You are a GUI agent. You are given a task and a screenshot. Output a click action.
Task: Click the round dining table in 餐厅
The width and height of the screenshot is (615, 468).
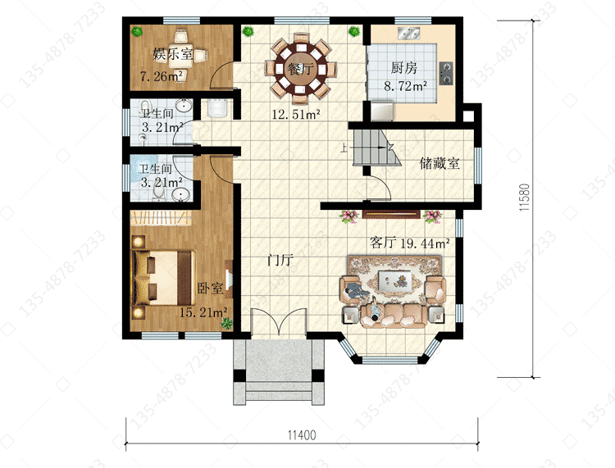coord(301,69)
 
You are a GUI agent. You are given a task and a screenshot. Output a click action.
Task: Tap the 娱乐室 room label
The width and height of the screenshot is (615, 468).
coord(172,54)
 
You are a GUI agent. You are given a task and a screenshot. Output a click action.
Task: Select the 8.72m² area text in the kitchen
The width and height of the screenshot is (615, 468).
coord(405,86)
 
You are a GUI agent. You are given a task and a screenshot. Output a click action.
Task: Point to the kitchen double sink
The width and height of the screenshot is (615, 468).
coord(409,34)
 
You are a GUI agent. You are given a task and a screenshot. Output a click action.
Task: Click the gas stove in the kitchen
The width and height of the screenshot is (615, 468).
coord(445,73)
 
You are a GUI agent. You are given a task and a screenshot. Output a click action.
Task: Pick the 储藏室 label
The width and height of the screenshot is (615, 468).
coord(440,163)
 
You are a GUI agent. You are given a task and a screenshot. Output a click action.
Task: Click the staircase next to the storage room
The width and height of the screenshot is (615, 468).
coord(377,148)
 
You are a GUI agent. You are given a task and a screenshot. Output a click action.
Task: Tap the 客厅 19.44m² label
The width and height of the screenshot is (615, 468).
coord(409,243)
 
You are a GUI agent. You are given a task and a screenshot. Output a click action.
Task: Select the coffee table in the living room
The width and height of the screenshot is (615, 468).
coord(394,280)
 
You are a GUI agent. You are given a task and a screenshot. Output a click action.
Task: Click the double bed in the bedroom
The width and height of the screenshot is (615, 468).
coord(163,278)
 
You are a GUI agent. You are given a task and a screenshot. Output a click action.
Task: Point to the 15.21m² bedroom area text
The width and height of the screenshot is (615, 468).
coord(203,312)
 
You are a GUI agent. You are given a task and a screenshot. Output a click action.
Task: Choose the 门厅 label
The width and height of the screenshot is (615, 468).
coord(280,260)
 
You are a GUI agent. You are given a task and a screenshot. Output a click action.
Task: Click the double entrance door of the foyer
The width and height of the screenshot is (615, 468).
coord(279,322)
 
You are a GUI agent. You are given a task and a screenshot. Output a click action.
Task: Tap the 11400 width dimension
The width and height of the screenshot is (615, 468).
coord(302,435)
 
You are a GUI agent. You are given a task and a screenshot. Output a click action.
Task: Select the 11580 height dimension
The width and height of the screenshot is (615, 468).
coord(525,198)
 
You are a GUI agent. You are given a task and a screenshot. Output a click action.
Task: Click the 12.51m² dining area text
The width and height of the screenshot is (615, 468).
coord(296,115)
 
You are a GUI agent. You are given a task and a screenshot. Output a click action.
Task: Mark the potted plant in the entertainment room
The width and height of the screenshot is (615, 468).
coord(136,31)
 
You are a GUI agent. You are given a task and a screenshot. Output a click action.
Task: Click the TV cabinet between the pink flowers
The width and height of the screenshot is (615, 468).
coord(390,214)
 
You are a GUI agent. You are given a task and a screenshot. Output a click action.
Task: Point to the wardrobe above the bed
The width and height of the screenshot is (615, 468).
coord(161,218)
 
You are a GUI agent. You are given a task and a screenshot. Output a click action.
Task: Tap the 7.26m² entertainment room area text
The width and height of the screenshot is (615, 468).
coord(162,76)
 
